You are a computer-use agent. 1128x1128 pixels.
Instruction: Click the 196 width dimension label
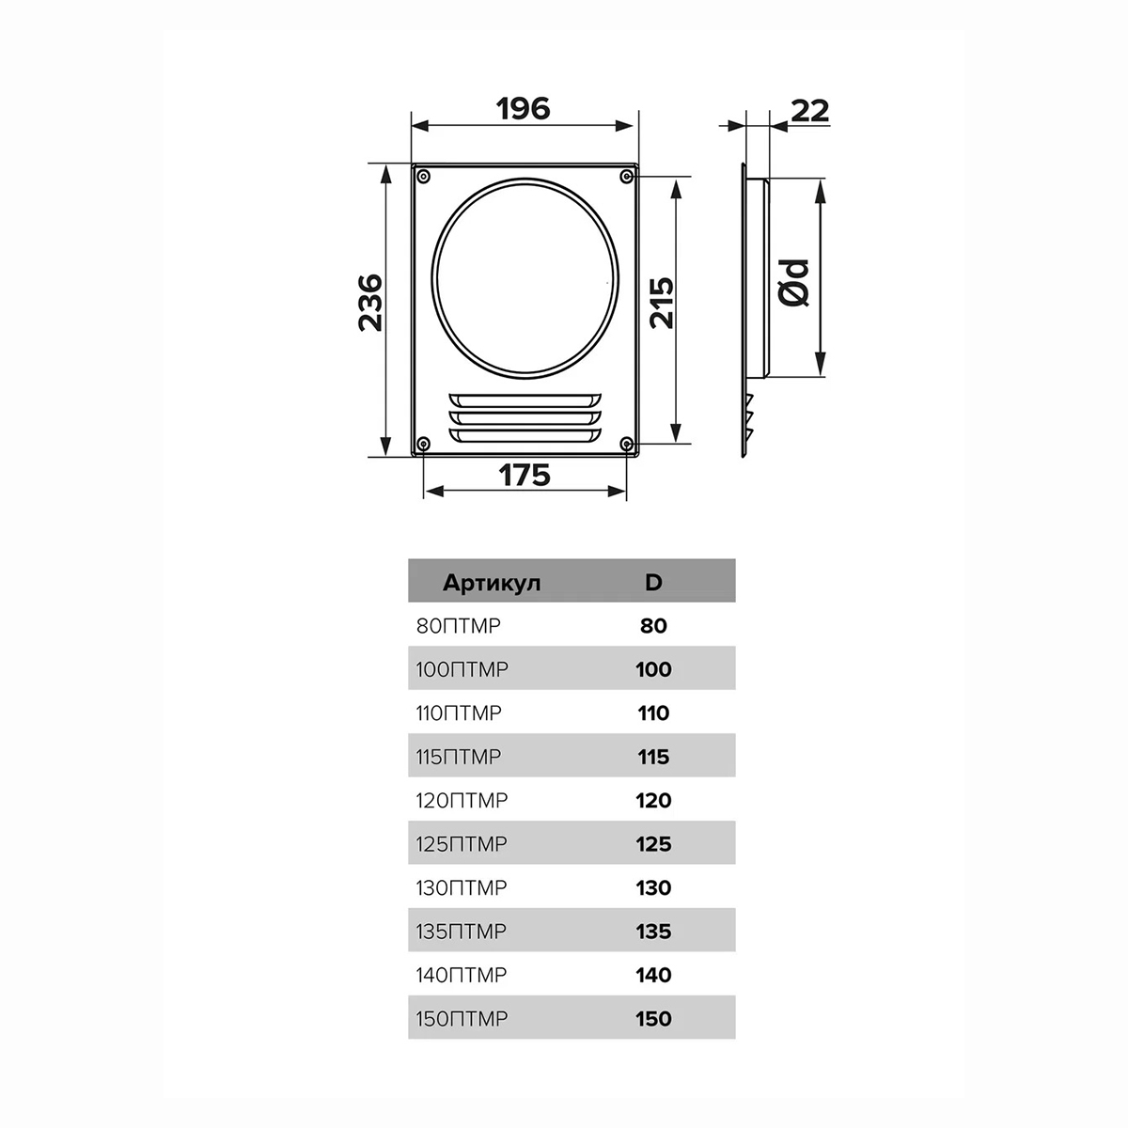coord(523,109)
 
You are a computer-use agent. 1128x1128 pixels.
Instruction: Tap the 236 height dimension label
coord(370,303)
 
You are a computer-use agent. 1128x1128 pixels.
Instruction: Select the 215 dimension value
coord(662,303)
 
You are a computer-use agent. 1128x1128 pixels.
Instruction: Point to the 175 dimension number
coord(525,475)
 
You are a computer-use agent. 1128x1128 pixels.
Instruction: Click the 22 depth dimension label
coord(810,111)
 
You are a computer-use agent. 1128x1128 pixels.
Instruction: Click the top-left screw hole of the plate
coord(424,176)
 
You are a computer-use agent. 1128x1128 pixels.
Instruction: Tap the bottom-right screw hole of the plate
coord(626,443)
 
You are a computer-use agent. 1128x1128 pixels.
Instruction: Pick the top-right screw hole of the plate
coord(626,176)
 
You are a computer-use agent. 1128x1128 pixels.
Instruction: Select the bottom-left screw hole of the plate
coord(424,443)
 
